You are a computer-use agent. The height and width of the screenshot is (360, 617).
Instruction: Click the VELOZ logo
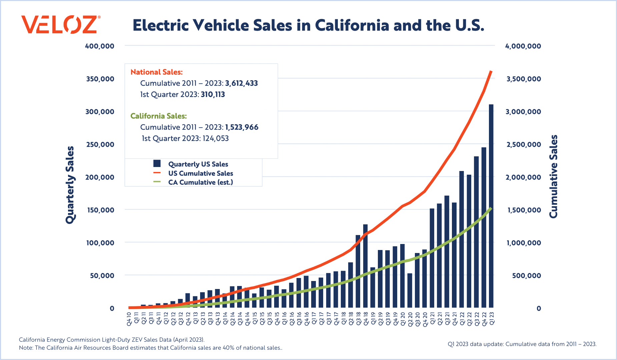pos(60,24)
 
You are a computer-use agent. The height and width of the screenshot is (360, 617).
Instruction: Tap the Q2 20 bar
pos(410,290)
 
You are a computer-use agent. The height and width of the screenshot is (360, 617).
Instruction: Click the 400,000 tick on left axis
pos(99,46)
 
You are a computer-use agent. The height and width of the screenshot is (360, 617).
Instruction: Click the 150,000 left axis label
pos(99,210)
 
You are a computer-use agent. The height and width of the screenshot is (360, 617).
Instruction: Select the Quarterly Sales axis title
pos(70,185)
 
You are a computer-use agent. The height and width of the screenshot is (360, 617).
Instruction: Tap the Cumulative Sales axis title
pos(553,177)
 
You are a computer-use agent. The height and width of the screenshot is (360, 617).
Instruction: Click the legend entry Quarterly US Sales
pos(198,164)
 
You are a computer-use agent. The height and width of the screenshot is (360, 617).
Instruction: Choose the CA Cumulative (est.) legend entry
pos(200,182)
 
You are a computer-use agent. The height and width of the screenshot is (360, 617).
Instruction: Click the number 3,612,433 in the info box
pos(241,83)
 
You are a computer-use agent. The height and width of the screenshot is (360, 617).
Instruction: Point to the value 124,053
pos(215,138)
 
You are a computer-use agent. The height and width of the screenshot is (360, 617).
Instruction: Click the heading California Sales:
pos(158,116)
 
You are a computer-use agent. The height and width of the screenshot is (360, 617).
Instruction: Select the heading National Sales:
pos(156,72)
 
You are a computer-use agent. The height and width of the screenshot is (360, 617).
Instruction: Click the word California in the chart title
pos(352,25)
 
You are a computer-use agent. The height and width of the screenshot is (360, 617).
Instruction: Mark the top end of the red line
pos(491,71)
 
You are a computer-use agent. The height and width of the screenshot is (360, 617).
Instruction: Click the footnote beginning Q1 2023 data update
pos(522,344)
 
